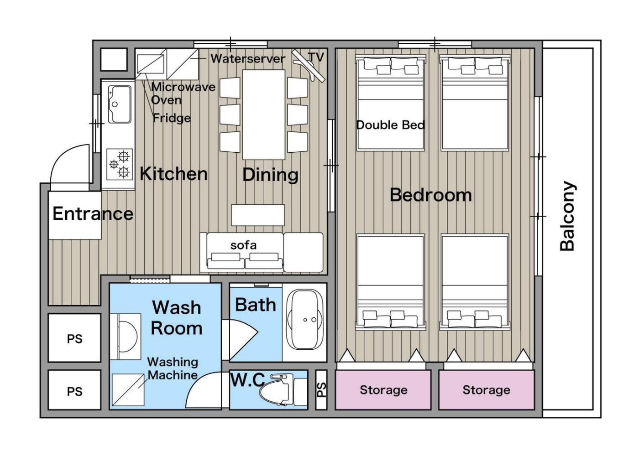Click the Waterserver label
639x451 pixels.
click(x=247, y=59)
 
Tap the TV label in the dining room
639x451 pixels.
click(x=316, y=57)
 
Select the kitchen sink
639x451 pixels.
click(x=120, y=104)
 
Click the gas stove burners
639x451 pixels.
click(x=120, y=164)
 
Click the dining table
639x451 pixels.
click(x=264, y=114)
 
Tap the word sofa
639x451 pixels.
click(x=243, y=245)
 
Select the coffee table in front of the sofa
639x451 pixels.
click(x=258, y=215)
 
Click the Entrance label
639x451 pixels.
click(x=93, y=213)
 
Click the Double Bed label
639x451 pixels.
click(x=391, y=125)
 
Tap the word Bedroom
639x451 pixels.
click(x=431, y=195)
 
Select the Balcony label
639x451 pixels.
click(x=567, y=216)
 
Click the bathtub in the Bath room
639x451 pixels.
click(x=305, y=320)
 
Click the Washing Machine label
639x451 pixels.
click(x=173, y=368)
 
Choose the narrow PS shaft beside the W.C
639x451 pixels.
click(x=321, y=389)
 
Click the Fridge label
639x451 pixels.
click(x=172, y=118)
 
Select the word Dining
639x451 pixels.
click(x=270, y=175)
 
